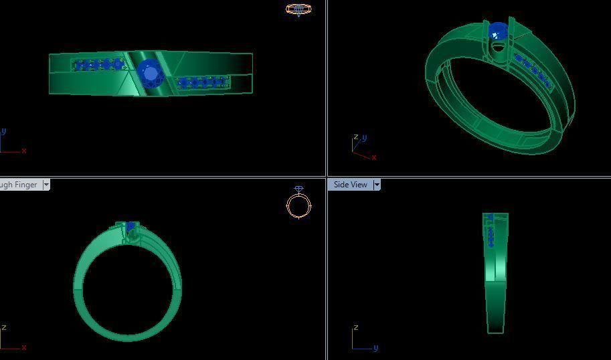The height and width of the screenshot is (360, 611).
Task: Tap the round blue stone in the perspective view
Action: click(x=499, y=31)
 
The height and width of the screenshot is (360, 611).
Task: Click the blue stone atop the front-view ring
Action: click(x=130, y=227)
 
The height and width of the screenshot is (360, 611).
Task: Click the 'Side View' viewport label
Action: click(x=350, y=185)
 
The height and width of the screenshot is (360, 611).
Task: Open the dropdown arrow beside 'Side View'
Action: click(x=377, y=185)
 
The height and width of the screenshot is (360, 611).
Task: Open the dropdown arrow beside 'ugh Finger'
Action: click(x=46, y=185)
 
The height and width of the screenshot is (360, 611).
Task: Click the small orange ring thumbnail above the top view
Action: click(x=298, y=9)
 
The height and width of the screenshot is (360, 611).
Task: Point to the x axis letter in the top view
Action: click(x=24, y=151)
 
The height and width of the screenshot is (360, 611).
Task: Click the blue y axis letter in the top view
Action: click(x=4, y=131)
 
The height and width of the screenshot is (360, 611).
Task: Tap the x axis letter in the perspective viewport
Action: click(x=374, y=158)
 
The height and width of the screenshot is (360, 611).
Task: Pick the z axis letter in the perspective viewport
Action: click(x=355, y=138)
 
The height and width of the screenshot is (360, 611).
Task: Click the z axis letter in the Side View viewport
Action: click(x=355, y=327)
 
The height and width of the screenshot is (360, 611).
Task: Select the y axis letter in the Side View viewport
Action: click(x=376, y=348)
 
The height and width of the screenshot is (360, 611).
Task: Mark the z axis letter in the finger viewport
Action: click(x=4, y=327)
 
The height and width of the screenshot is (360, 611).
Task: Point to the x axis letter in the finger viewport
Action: click(x=24, y=348)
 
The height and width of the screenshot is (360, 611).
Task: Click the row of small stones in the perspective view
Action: click(x=534, y=71)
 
